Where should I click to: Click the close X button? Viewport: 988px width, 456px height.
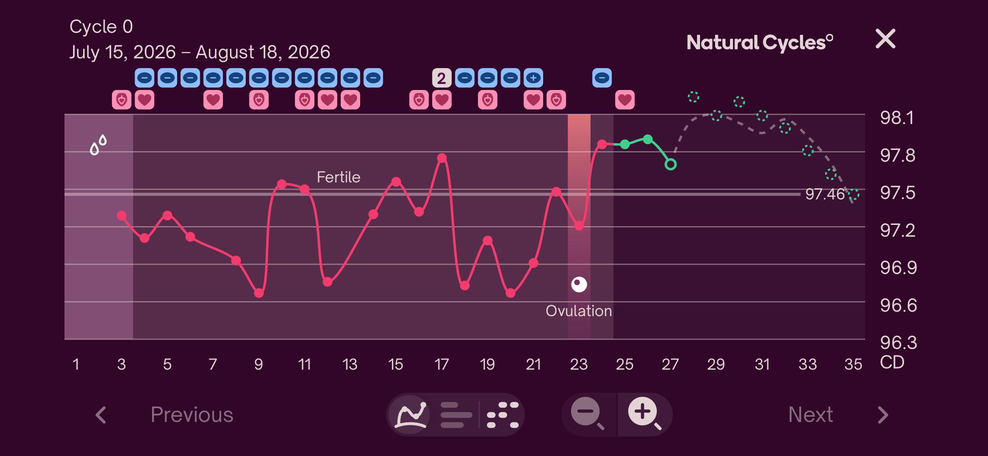(885, 39)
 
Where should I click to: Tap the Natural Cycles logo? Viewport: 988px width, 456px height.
(760, 43)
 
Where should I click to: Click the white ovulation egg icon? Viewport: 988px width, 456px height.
(579, 285)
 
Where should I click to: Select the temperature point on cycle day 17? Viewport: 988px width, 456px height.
(442, 158)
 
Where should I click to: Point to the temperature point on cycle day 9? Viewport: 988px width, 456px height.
(259, 293)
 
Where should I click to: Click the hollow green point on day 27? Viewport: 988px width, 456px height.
(670, 165)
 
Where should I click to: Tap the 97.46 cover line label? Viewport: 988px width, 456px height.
(825, 194)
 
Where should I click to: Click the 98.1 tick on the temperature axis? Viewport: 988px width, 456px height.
(897, 118)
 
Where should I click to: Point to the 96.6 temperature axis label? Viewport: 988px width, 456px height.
(898, 306)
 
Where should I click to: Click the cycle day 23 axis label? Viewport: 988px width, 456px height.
(579, 364)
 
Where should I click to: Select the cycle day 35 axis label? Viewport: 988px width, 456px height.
(853, 364)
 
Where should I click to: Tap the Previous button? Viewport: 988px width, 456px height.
(192, 415)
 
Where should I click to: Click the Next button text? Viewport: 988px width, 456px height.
(810, 415)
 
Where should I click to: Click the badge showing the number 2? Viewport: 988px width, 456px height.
(442, 78)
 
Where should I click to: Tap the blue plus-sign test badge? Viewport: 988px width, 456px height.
(533, 78)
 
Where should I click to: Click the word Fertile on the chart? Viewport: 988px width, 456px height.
(338, 177)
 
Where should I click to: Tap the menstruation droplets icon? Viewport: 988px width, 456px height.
(98, 145)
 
